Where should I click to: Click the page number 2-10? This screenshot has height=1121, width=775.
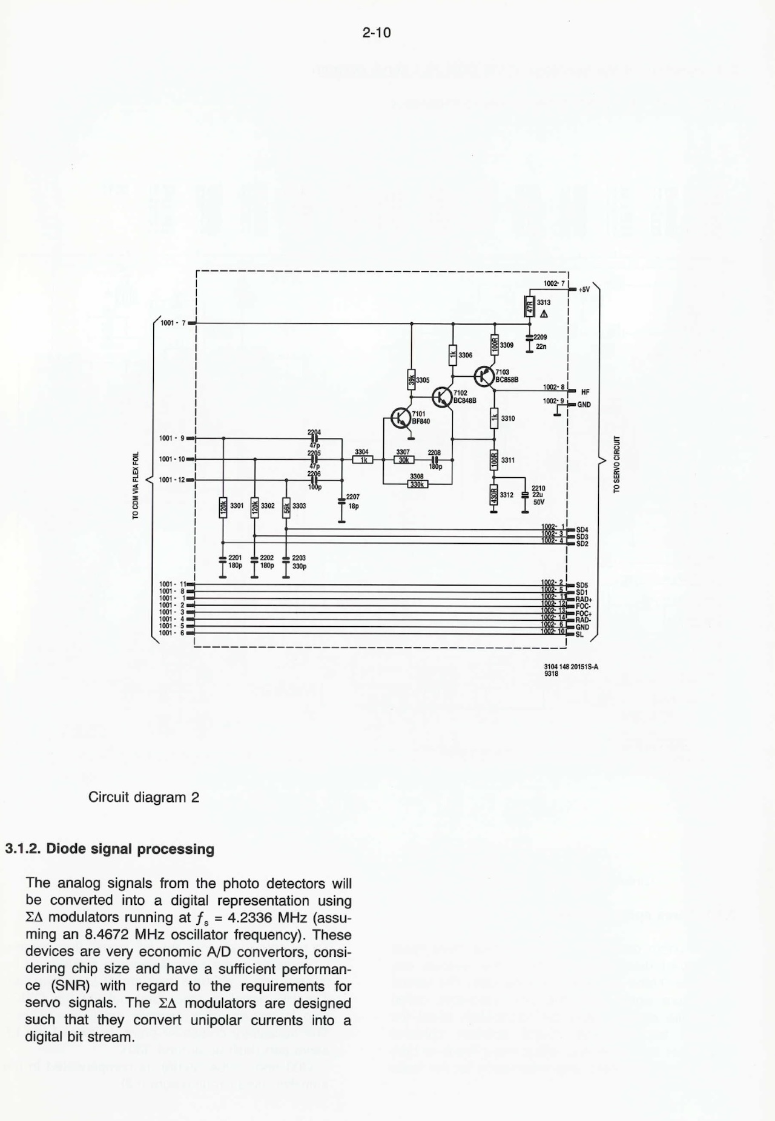pyautogui.click(x=377, y=33)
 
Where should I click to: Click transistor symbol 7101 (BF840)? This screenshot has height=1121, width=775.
pyautogui.click(x=401, y=417)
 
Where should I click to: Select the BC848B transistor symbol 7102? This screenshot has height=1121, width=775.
pyautogui.click(x=443, y=397)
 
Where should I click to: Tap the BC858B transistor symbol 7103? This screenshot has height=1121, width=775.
pyautogui.click(x=484, y=376)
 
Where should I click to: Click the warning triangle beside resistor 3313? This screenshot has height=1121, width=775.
pyautogui.click(x=544, y=314)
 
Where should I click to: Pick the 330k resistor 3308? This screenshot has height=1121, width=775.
pyautogui.click(x=417, y=484)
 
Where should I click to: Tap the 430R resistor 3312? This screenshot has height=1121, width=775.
pyautogui.click(x=494, y=495)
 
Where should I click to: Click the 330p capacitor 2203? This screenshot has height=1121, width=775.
pyautogui.click(x=286, y=561)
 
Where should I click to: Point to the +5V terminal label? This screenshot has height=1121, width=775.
pyautogui.click(x=584, y=289)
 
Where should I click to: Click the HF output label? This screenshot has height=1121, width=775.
pyautogui.click(x=585, y=392)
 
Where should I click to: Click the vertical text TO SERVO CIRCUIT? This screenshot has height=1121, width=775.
pyautogui.click(x=617, y=464)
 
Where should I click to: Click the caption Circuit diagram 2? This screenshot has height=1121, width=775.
pyautogui.click(x=143, y=797)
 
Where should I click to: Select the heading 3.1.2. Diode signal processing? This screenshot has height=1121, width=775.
pyautogui.click(x=110, y=848)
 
